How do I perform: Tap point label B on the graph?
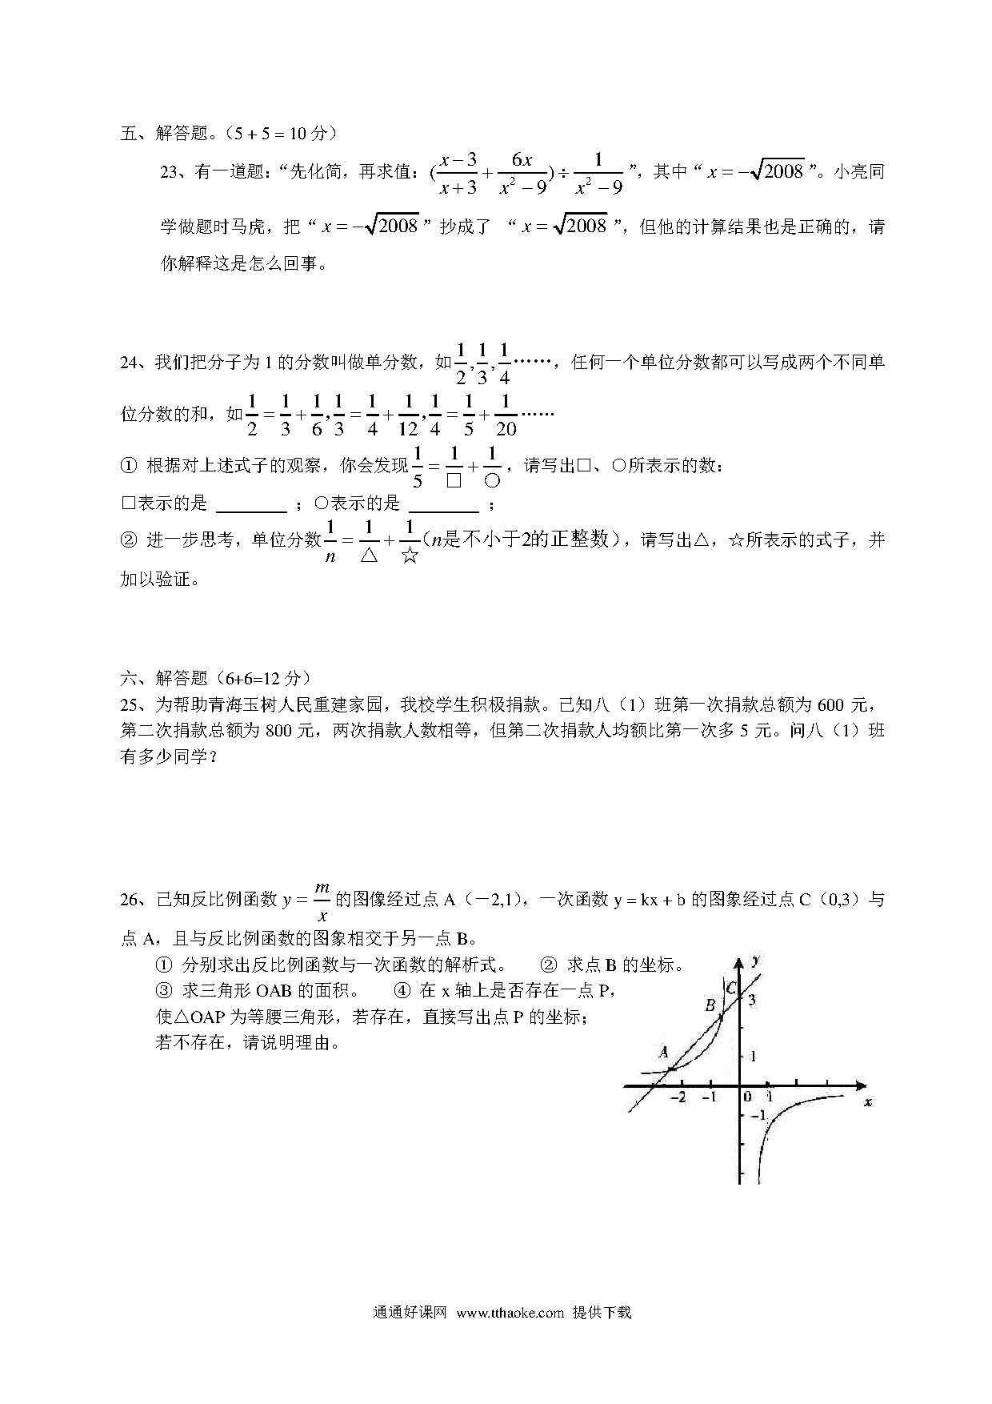click(710, 1005)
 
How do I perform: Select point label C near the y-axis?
click(730, 988)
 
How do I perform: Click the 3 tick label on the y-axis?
click(752, 999)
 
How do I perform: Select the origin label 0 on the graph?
click(746, 1097)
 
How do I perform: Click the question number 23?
click(170, 172)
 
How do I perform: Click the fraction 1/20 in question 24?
click(506, 415)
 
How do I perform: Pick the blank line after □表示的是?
click(252, 505)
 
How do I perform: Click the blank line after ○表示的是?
click(443, 505)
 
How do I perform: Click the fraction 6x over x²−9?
click(522, 173)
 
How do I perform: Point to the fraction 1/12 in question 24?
click(409, 415)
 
